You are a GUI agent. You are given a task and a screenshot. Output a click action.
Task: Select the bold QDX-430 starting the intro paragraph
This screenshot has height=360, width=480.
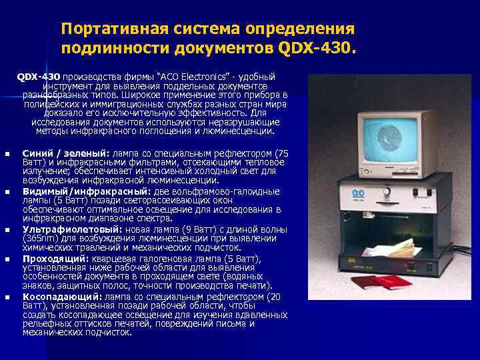[x=39, y=77]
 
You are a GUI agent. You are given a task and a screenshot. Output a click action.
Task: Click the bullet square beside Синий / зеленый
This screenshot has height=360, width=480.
[x=7, y=154]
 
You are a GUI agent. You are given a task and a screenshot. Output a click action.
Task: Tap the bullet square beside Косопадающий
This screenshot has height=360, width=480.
[x=7, y=297]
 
